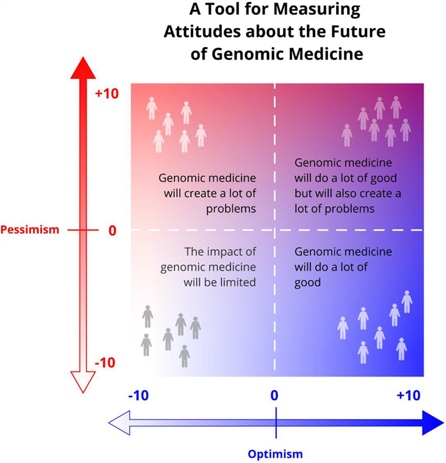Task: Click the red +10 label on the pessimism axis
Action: coord(107,94)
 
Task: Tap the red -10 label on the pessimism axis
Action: coord(105,362)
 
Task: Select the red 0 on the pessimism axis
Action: coord(112,231)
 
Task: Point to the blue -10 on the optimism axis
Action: coord(138,396)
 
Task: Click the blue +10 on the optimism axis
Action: coord(409,396)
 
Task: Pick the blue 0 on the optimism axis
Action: coord(274,396)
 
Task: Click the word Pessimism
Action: coord(30,230)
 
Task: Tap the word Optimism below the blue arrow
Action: coord(275,454)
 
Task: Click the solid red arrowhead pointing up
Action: coord(83,68)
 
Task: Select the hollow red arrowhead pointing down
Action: coord(83,382)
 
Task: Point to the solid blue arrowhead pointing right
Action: coord(433,423)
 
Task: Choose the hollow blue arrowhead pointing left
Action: coord(119,423)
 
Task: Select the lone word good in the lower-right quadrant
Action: coord(308,283)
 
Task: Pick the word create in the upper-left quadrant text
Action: coord(201,194)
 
